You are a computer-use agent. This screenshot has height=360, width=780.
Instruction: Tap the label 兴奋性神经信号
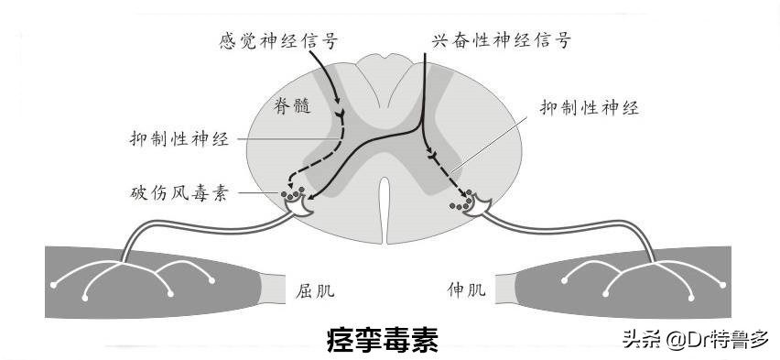point(503,41)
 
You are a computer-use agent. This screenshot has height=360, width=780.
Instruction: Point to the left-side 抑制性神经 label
point(179,140)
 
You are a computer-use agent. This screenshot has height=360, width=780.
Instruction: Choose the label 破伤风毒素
point(179,193)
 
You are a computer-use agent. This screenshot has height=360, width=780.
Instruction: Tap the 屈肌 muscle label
point(316,291)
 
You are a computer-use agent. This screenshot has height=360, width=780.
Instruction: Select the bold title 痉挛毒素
point(383,340)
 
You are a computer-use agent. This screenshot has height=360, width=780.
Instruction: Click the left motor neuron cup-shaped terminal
point(297,210)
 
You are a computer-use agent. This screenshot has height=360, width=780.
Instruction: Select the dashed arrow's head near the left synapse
point(286,186)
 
